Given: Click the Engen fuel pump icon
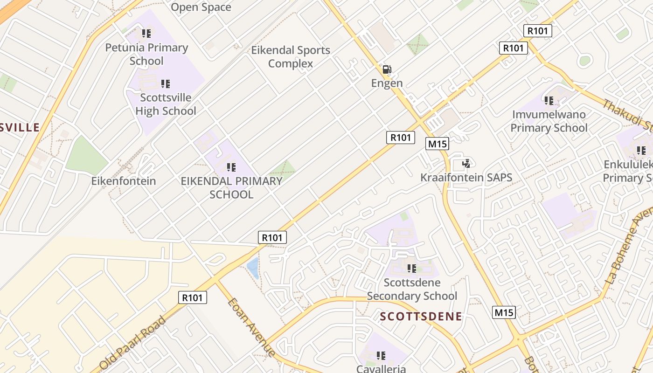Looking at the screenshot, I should (387, 69).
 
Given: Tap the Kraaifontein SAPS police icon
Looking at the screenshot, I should (465, 164).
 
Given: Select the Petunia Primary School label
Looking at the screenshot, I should (146, 54).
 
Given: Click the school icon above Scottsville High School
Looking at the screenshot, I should (165, 84).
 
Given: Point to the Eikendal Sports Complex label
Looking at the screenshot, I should (291, 56).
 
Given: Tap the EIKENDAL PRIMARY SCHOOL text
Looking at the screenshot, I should (231, 187).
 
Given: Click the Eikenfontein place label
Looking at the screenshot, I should (124, 181).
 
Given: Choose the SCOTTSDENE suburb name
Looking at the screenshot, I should (421, 317).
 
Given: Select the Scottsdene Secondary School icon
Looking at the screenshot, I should (411, 269).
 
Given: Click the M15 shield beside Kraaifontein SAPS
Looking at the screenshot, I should (438, 144).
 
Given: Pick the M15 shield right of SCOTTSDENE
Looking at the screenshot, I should (504, 312).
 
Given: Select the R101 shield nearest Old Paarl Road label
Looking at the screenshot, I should (192, 297).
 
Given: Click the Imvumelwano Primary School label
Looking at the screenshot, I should (549, 121).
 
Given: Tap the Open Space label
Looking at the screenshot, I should (201, 7).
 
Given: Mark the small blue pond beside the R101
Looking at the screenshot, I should (253, 268).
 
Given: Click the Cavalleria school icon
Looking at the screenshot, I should (381, 356).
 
